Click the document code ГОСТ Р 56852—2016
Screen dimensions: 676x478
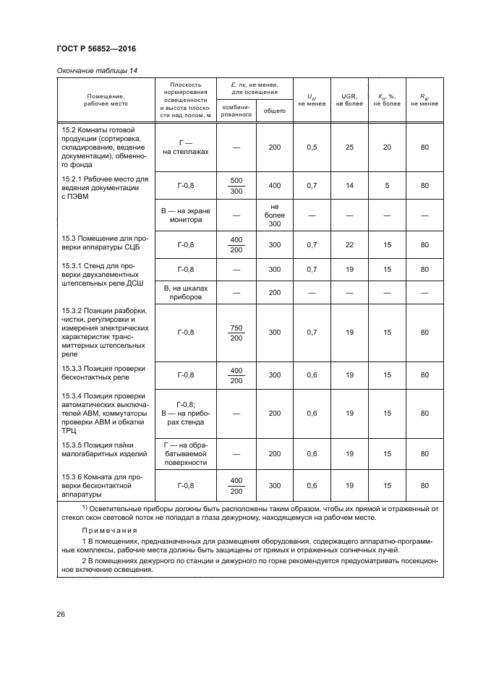[x=96, y=48]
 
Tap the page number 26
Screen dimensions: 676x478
[x=61, y=614]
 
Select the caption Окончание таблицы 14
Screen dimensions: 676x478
[x=96, y=70]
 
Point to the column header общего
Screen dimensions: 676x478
[x=274, y=111]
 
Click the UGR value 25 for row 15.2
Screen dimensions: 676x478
[x=349, y=147]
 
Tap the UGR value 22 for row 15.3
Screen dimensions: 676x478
[x=349, y=245]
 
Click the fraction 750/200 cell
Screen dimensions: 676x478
[x=236, y=333]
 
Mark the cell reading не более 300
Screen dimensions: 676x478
[x=274, y=215]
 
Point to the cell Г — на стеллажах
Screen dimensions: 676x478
[x=185, y=147]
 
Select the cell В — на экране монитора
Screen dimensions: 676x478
[x=185, y=215]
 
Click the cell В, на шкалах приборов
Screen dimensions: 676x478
[x=185, y=292]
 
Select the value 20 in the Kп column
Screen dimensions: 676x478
[x=387, y=147]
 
